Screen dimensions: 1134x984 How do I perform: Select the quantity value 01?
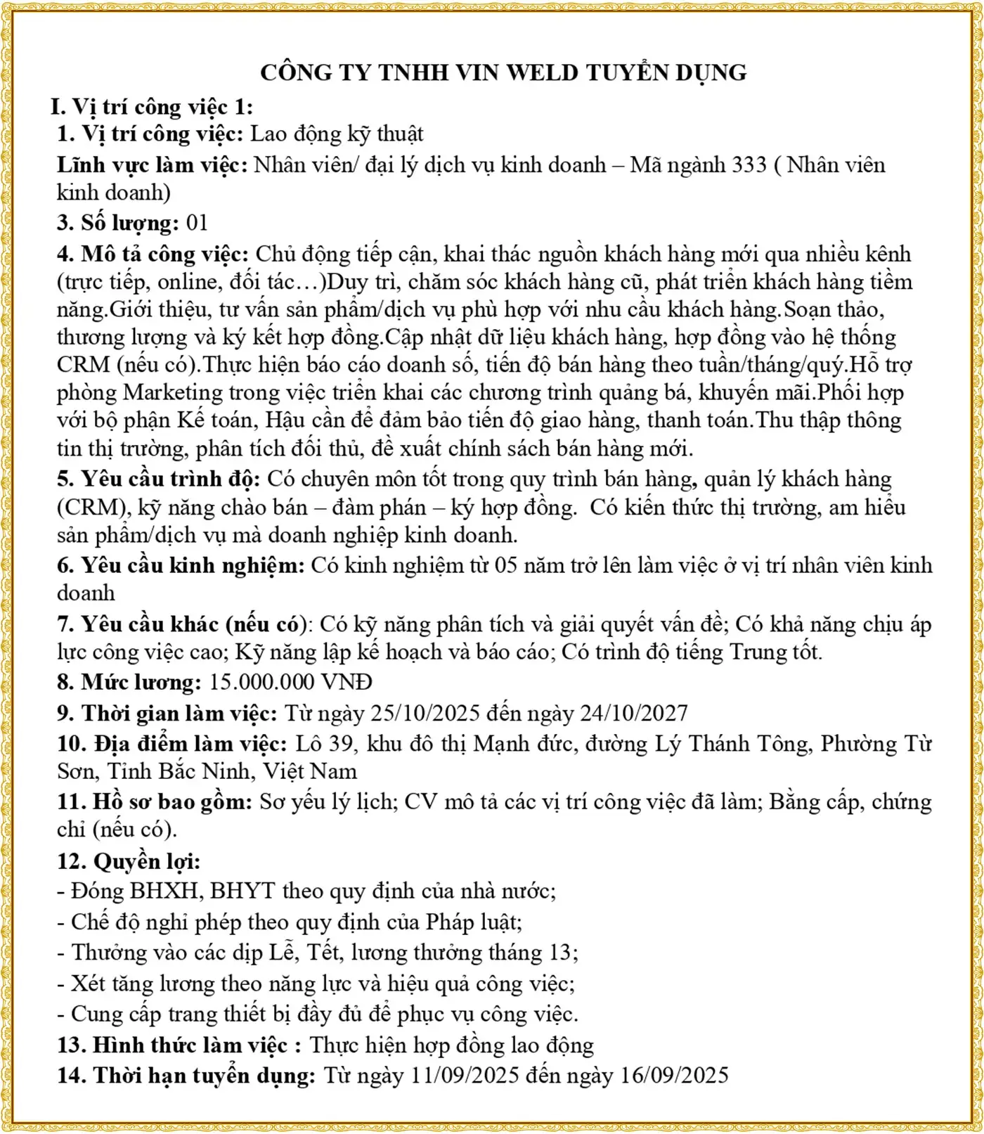(197, 223)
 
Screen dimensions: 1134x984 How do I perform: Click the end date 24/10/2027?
(633, 713)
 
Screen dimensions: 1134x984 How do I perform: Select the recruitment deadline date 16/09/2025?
(674, 1075)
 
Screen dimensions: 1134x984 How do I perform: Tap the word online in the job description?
(188, 282)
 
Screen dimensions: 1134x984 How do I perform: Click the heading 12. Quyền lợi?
(129, 861)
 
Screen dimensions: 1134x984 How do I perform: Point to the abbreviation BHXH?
(164, 891)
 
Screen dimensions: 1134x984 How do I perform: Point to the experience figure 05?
(506, 565)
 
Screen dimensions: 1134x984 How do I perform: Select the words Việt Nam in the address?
(310, 771)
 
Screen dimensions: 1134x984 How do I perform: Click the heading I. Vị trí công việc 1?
(151, 107)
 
